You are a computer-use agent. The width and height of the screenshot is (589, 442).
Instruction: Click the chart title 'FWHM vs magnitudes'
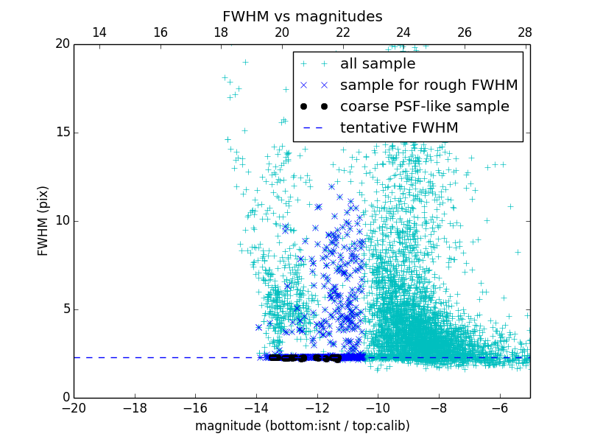302,16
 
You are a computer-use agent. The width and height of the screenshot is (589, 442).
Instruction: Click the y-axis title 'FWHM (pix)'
43,220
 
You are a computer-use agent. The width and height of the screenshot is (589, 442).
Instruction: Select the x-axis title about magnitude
302,426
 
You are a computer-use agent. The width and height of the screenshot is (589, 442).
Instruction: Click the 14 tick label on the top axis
99,32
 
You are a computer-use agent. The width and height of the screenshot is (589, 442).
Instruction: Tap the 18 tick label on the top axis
220,32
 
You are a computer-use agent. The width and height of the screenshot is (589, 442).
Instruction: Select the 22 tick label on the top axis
342,32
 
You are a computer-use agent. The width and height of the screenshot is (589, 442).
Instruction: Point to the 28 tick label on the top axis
525,32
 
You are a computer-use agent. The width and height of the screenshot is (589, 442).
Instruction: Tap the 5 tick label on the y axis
65,309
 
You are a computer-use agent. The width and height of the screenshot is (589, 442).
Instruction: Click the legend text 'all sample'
378,64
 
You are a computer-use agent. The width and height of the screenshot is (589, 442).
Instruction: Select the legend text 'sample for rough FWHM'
428,85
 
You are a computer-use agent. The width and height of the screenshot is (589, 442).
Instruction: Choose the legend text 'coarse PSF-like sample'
424,107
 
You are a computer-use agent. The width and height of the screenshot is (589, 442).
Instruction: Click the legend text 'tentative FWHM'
399,128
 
